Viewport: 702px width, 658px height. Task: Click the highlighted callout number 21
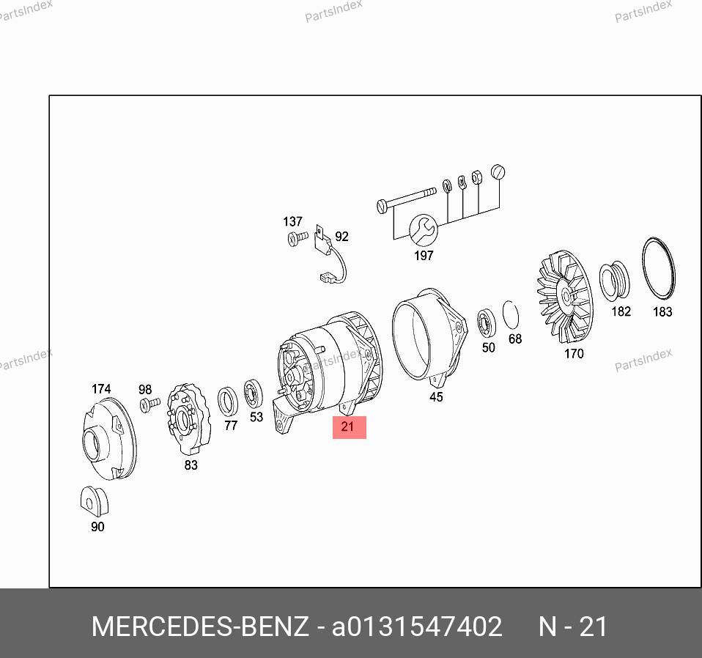(x=347, y=426)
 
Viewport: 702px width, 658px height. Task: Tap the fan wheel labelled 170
(x=564, y=296)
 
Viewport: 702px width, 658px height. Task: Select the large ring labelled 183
(x=658, y=268)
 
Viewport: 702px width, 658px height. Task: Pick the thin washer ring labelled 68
(x=511, y=314)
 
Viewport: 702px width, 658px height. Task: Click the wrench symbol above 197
(x=423, y=230)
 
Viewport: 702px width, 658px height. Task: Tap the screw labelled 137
(x=298, y=237)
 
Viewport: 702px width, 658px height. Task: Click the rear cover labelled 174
(x=110, y=439)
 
